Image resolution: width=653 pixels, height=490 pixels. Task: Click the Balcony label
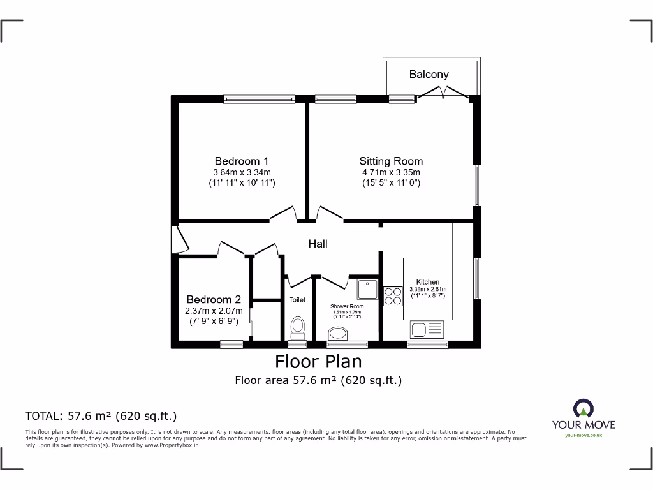point(429,75)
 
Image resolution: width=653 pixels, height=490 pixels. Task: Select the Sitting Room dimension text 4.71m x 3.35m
point(391,172)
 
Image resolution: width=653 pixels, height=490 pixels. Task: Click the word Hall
point(318,244)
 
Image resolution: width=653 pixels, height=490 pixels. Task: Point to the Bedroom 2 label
point(214,299)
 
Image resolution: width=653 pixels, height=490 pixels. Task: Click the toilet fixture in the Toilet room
point(297,328)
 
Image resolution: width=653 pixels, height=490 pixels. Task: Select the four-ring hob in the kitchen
point(392,297)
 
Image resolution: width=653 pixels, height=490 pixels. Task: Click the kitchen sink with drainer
point(427,330)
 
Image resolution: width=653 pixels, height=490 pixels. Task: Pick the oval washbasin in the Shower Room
point(337,333)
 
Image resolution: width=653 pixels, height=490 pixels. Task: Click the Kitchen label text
point(427,282)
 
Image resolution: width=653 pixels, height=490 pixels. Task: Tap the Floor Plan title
point(318,362)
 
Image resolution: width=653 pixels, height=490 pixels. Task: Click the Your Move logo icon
point(583,408)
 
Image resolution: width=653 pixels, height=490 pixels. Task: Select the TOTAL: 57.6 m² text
point(100,416)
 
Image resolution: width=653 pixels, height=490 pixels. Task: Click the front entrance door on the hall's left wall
point(180,240)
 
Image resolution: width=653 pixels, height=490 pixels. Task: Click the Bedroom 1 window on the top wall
point(259,99)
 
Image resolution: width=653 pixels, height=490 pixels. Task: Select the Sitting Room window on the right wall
point(476,186)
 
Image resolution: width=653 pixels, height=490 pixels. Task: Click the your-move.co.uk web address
point(583,435)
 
